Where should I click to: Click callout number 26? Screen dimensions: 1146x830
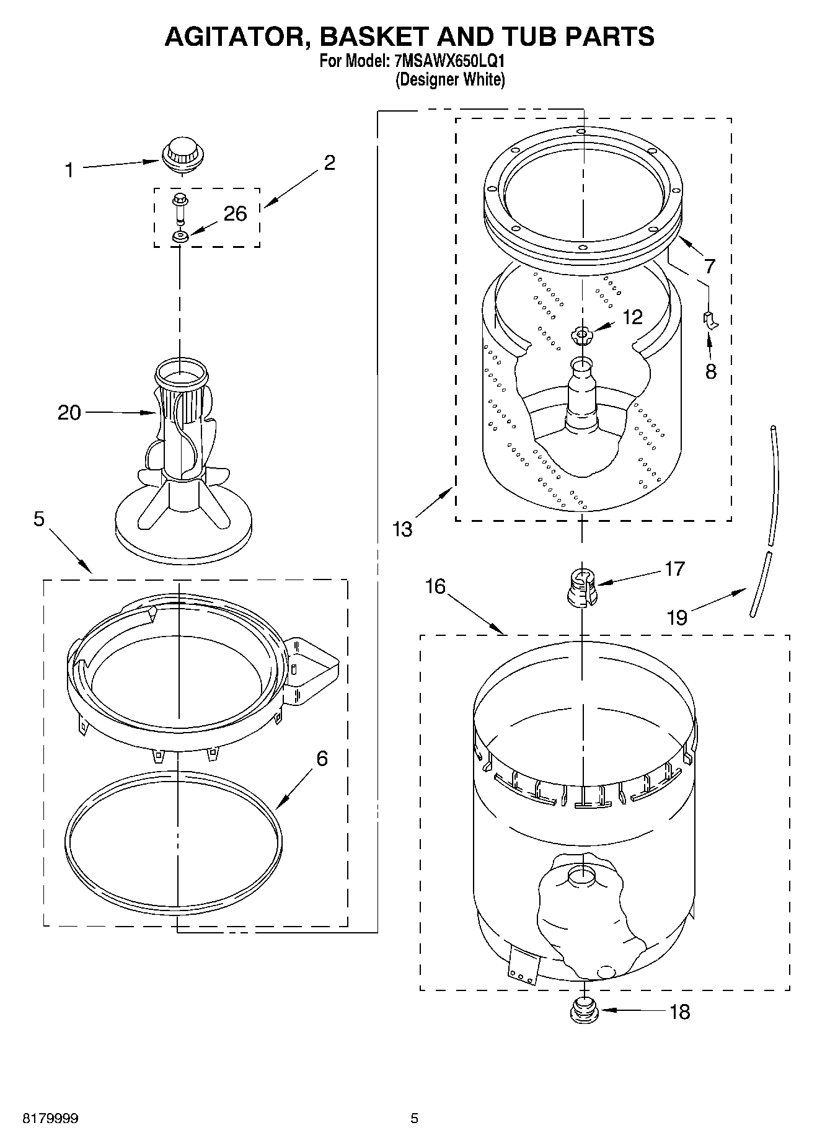[235, 214]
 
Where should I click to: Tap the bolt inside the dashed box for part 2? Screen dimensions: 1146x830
[180, 207]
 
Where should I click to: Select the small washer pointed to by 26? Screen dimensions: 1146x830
[181, 236]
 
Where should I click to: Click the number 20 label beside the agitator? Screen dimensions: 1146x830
[69, 413]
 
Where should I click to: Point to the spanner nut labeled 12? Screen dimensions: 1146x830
[581, 336]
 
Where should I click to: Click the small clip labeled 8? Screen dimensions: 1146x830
[709, 320]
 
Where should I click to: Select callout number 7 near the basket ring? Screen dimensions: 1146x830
[710, 267]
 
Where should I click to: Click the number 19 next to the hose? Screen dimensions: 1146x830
[678, 617]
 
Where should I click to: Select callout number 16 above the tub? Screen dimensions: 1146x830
[436, 586]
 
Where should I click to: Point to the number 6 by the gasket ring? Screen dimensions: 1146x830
[322, 759]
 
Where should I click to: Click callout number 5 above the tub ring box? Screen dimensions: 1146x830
[39, 519]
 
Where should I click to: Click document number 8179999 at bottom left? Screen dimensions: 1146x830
[50, 1119]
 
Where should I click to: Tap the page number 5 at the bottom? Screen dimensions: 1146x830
[414, 1119]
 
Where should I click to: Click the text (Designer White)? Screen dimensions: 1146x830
[450, 79]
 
